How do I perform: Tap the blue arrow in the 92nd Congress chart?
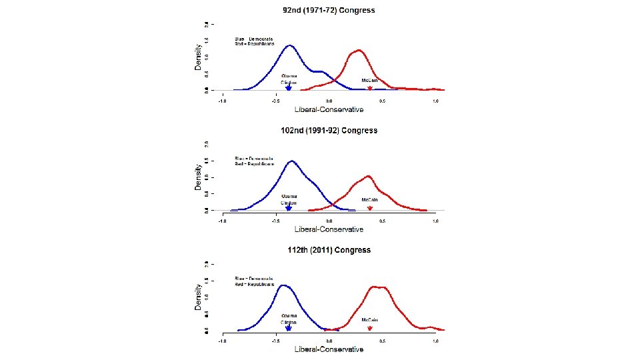289,88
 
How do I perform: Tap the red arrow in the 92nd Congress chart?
370,87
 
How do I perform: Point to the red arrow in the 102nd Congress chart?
370,207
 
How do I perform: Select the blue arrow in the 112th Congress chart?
289,327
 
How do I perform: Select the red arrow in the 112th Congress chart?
370,327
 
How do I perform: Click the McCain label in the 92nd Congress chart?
370,80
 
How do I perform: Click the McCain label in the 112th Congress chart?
370,319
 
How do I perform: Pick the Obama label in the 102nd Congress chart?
289,196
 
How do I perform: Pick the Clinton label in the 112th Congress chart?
289,322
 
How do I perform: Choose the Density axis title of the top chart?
198,57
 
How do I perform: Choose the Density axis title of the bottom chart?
198,297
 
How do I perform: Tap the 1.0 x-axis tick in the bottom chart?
435,341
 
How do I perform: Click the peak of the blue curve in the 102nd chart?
291,161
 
